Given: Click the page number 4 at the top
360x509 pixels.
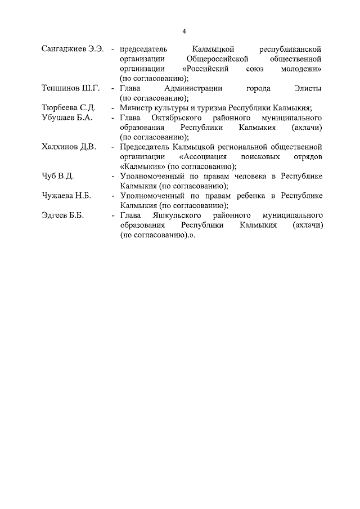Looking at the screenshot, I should (x=184, y=30).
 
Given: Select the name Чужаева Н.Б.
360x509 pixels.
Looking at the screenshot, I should (x=67, y=196).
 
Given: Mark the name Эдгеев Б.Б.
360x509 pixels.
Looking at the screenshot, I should (x=62, y=215).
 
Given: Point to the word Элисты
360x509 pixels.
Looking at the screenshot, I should (x=308, y=88).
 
